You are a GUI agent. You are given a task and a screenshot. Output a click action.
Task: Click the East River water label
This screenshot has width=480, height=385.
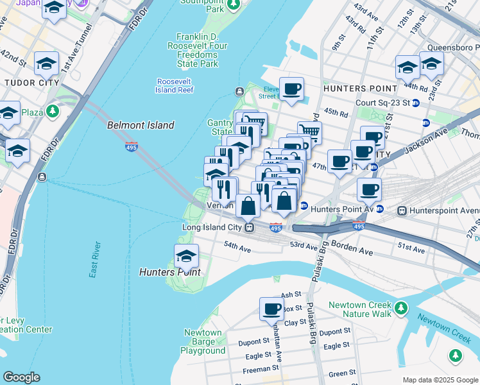click(95, 260)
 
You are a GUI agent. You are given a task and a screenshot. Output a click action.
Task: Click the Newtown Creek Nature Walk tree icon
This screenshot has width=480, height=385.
click(401, 308)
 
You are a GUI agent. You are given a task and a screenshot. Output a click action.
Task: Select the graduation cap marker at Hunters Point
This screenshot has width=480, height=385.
click(186, 256)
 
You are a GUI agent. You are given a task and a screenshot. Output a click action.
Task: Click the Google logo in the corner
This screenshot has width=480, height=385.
click(21, 377)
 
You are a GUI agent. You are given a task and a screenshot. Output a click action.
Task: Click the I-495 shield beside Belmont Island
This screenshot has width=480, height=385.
click(132, 147)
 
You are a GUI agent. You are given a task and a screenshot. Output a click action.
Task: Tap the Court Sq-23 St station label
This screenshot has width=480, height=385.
click(383, 103)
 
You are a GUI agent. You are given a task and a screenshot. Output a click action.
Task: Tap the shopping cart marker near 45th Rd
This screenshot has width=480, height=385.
click(309, 131)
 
